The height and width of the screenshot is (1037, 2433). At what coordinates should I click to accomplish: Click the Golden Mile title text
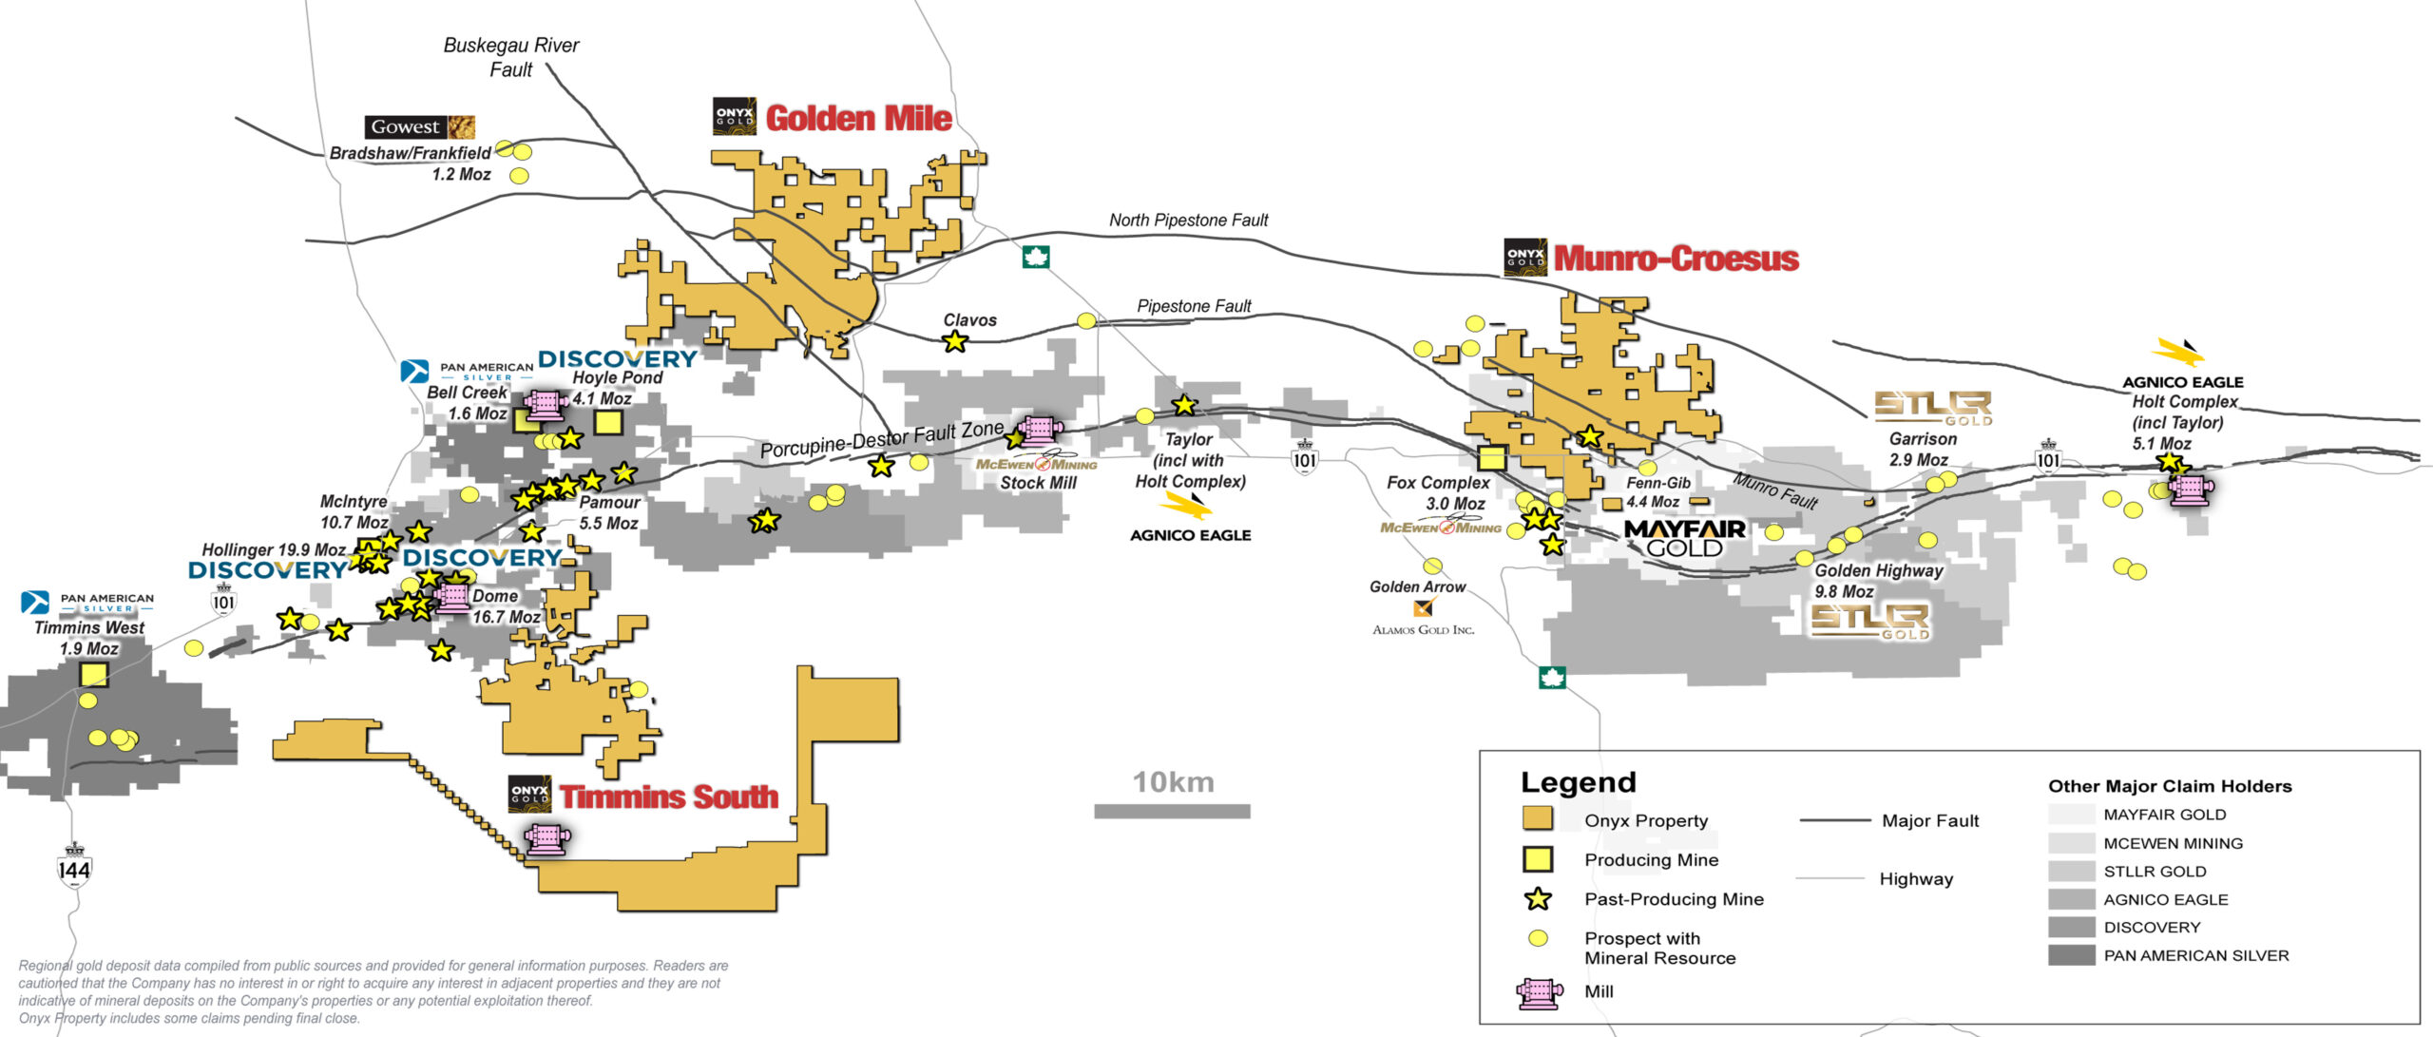(x=857, y=119)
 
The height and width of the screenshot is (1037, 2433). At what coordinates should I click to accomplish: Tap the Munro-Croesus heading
(x=1676, y=259)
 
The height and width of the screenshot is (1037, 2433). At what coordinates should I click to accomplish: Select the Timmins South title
(x=668, y=797)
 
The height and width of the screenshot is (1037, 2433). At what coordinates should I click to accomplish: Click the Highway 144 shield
(x=73, y=867)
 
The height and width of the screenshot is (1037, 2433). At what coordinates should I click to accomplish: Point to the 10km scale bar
(x=1172, y=811)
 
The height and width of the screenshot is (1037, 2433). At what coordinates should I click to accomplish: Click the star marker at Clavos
(x=954, y=341)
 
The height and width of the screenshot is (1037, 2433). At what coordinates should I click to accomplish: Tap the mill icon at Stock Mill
(x=1040, y=430)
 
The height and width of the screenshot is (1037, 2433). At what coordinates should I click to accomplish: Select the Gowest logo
(x=419, y=127)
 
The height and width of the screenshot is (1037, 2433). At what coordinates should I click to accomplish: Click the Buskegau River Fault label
(x=510, y=57)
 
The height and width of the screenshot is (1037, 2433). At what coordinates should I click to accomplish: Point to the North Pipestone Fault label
(x=1188, y=221)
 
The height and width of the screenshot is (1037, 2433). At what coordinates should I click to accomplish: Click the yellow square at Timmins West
(x=93, y=675)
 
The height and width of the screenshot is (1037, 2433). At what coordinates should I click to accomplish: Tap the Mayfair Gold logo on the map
(x=1684, y=538)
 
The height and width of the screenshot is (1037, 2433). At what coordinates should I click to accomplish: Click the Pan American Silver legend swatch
(x=2071, y=955)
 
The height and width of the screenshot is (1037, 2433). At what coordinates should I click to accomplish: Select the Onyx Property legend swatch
(x=1537, y=819)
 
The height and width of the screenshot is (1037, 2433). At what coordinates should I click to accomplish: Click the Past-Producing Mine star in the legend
(x=1537, y=899)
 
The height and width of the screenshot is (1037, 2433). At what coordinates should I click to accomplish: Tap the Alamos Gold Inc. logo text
(x=1423, y=629)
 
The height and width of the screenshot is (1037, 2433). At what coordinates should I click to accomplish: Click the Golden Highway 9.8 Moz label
(x=1878, y=581)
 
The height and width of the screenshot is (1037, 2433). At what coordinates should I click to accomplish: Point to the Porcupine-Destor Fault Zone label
(x=881, y=439)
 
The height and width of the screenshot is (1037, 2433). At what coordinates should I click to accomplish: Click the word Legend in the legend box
(x=1578, y=782)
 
